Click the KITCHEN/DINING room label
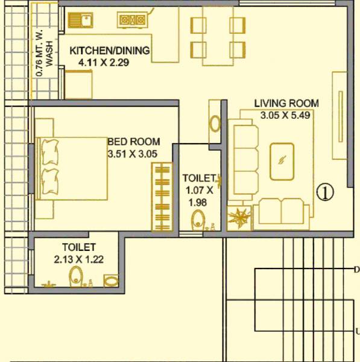click(x=109, y=50)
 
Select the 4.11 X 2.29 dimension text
click(x=104, y=62)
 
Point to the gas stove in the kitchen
click(x=133, y=21)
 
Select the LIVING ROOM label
click(x=286, y=103)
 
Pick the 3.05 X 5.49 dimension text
click(x=285, y=115)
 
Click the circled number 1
click(x=325, y=192)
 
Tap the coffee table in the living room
click(x=282, y=161)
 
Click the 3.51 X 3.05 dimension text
click(x=132, y=154)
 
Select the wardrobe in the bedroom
click(x=162, y=195)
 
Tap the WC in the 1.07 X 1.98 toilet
click(x=198, y=220)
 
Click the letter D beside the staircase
click(x=356, y=270)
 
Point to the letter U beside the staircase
click(x=357, y=331)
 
